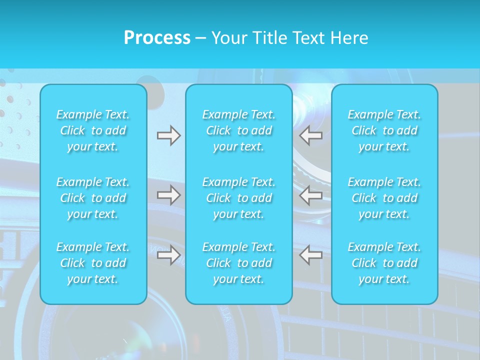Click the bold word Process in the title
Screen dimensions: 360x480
[x=157, y=38]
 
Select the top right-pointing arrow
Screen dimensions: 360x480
[x=169, y=135]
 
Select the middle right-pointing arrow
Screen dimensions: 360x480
[x=169, y=195]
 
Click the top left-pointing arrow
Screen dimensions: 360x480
[x=310, y=135]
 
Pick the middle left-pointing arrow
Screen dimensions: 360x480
[x=310, y=195]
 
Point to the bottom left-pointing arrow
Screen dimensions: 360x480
[x=310, y=255]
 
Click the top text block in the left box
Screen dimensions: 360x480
[x=93, y=130]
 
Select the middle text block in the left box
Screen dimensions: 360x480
[x=93, y=198]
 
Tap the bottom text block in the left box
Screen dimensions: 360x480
[x=93, y=263]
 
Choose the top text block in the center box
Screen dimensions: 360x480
[x=239, y=130]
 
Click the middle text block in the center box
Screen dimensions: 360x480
[x=239, y=198]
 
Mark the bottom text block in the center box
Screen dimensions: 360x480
[x=239, y=263]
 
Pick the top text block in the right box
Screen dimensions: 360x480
[x=384, y=130]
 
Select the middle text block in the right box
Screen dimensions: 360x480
[x=384, y=198]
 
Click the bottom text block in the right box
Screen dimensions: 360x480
[x=384, y=263]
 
